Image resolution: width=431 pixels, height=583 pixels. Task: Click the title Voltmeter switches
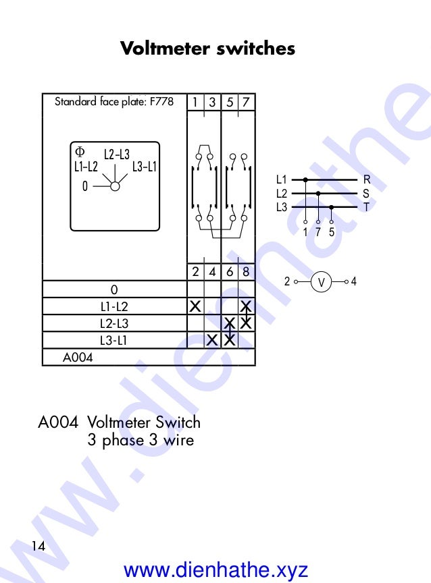pos(207,49)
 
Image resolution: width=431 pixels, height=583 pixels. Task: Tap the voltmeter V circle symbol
pos(322,282)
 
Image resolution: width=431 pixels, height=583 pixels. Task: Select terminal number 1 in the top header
pos(195,103)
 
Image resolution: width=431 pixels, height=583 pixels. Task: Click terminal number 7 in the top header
pos(247,103)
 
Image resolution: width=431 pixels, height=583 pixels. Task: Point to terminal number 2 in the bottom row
pos(195,272)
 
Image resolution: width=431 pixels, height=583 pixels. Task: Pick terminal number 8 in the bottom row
pos(247,272)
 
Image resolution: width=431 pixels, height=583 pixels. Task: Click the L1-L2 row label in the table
pos(113,306)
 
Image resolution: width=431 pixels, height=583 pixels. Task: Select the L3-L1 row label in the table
pos(113,340)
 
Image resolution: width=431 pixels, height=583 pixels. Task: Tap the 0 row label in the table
pos(113,289)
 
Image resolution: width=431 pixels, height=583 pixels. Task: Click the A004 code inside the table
pos(78,358)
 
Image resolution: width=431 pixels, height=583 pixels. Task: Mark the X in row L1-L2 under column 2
pos(195,306)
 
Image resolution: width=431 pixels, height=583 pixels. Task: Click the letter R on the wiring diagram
pos(366,179)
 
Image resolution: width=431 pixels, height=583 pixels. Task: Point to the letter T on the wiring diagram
pos(366,206)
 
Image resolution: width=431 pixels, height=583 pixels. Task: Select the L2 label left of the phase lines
pos(282,193)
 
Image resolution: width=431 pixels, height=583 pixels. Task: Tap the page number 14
pos(38,546)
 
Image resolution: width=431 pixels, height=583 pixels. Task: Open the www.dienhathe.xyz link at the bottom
pos(216,570)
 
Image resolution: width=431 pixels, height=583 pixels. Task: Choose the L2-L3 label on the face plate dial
pos(116,154)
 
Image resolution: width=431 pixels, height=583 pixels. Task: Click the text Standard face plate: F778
pos(113,102)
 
